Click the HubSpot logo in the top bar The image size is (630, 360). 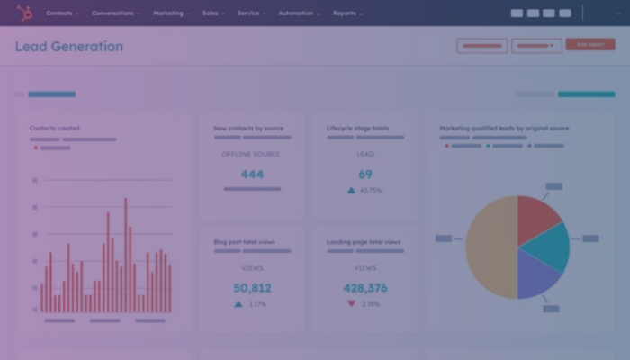24,13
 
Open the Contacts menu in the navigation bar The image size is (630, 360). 60,13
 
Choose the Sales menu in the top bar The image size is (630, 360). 211,13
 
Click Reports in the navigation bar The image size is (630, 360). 346,13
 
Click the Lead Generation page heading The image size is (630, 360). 69,47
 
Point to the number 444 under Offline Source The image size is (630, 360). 252,174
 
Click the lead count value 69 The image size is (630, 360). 365,174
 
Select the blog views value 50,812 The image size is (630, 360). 252,288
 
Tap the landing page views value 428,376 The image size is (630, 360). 365,288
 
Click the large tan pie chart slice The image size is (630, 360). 490,247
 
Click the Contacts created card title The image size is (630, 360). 55,129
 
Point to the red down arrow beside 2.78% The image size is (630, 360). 351,304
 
